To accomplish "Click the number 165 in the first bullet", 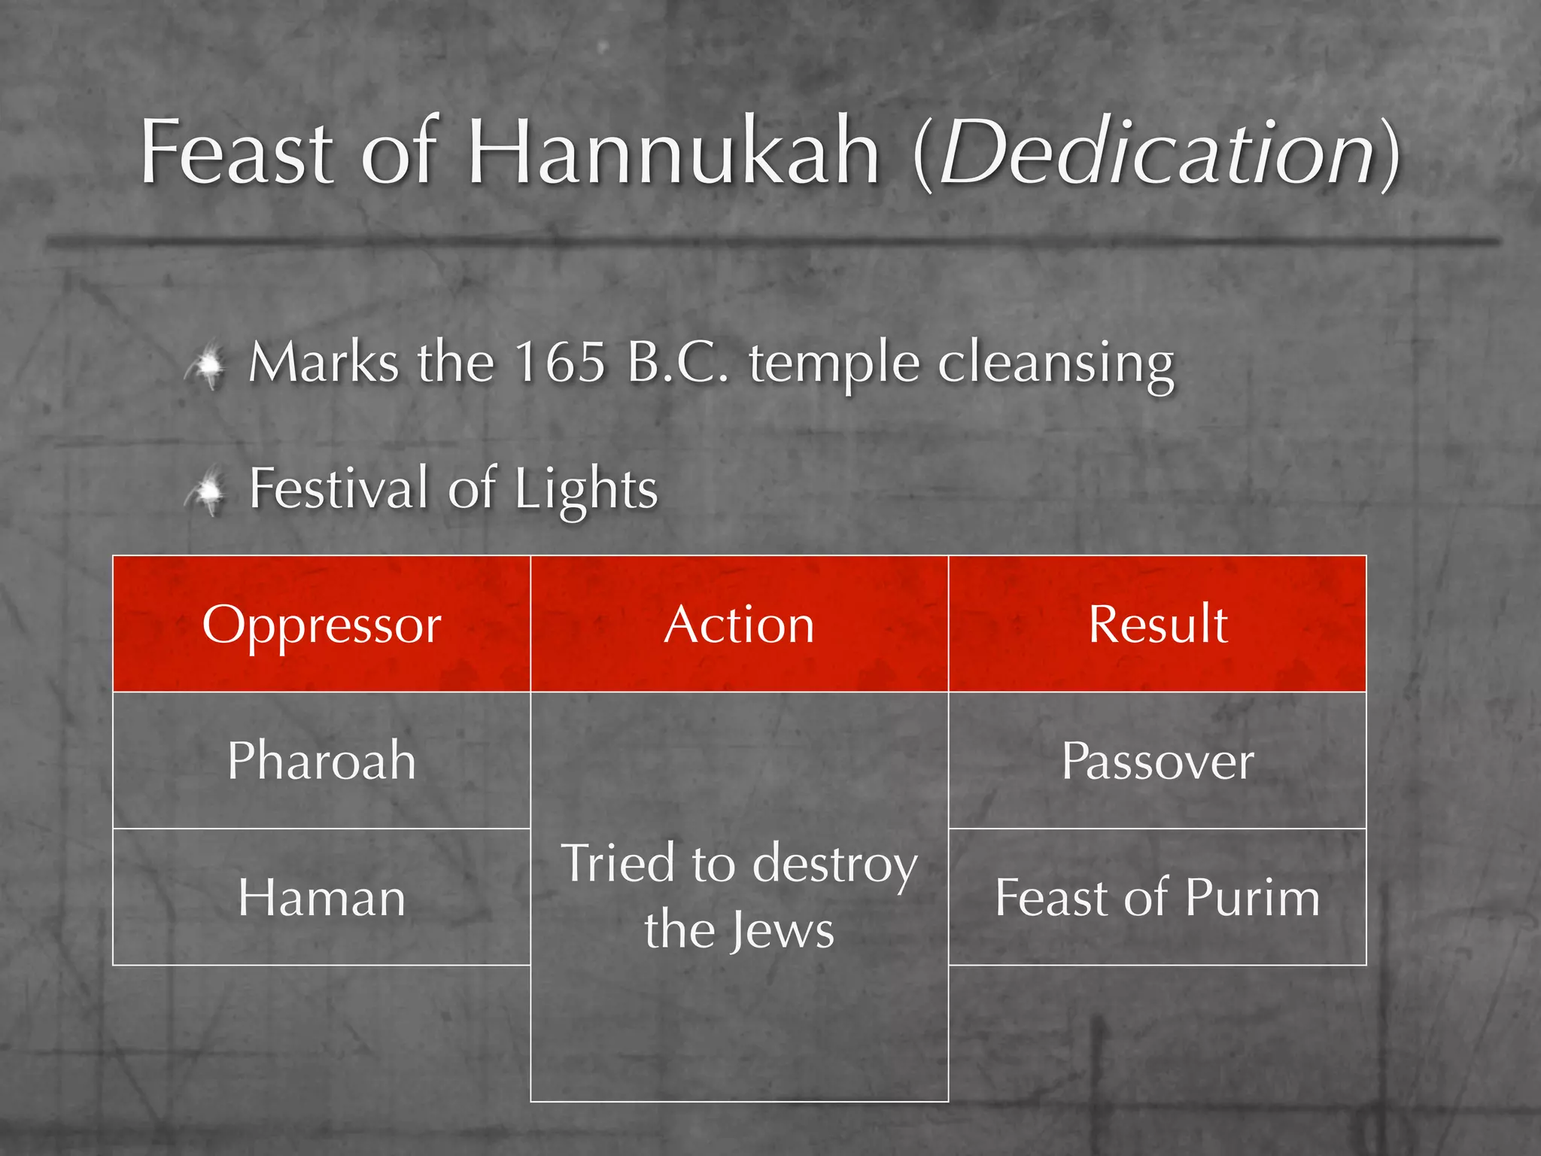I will (560, 363).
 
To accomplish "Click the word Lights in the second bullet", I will (586, 489).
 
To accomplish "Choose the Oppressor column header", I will (321, 625).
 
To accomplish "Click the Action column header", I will (739, 625).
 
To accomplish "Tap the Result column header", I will (1157, 625).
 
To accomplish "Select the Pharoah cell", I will (321, 760).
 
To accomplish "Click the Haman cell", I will (321, 897).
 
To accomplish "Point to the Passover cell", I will (1157, 760).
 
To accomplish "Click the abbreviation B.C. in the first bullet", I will (676, 363).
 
